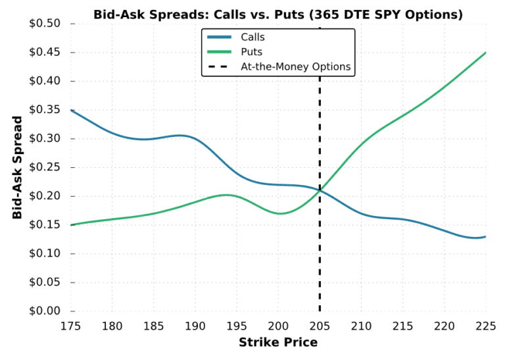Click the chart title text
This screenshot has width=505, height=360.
coord(277,14)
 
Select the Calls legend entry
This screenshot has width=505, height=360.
coord(252,38)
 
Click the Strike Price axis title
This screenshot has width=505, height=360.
coord(277,342)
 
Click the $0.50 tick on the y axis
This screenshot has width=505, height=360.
coord(45,24)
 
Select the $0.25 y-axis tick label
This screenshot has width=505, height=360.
coord(45,167)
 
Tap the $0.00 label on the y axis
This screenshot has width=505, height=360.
coord(45,311)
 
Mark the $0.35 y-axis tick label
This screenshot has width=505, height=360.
coord(45,110)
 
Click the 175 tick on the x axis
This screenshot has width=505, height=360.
coord(71,325)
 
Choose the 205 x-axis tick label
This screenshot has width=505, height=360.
coord(320,325)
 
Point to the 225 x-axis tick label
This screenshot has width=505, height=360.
coord(485,325)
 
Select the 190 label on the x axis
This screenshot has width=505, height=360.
coord(195,325)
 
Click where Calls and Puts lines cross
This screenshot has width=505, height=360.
coord(320,190)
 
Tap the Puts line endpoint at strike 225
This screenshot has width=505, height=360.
coord(485,53)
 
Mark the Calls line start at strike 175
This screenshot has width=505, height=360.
coord(71,110)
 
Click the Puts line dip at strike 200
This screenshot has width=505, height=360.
coord(279,213)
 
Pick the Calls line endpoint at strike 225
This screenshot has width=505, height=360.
coord(485,236)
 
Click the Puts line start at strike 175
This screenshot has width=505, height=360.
coord(71,225)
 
